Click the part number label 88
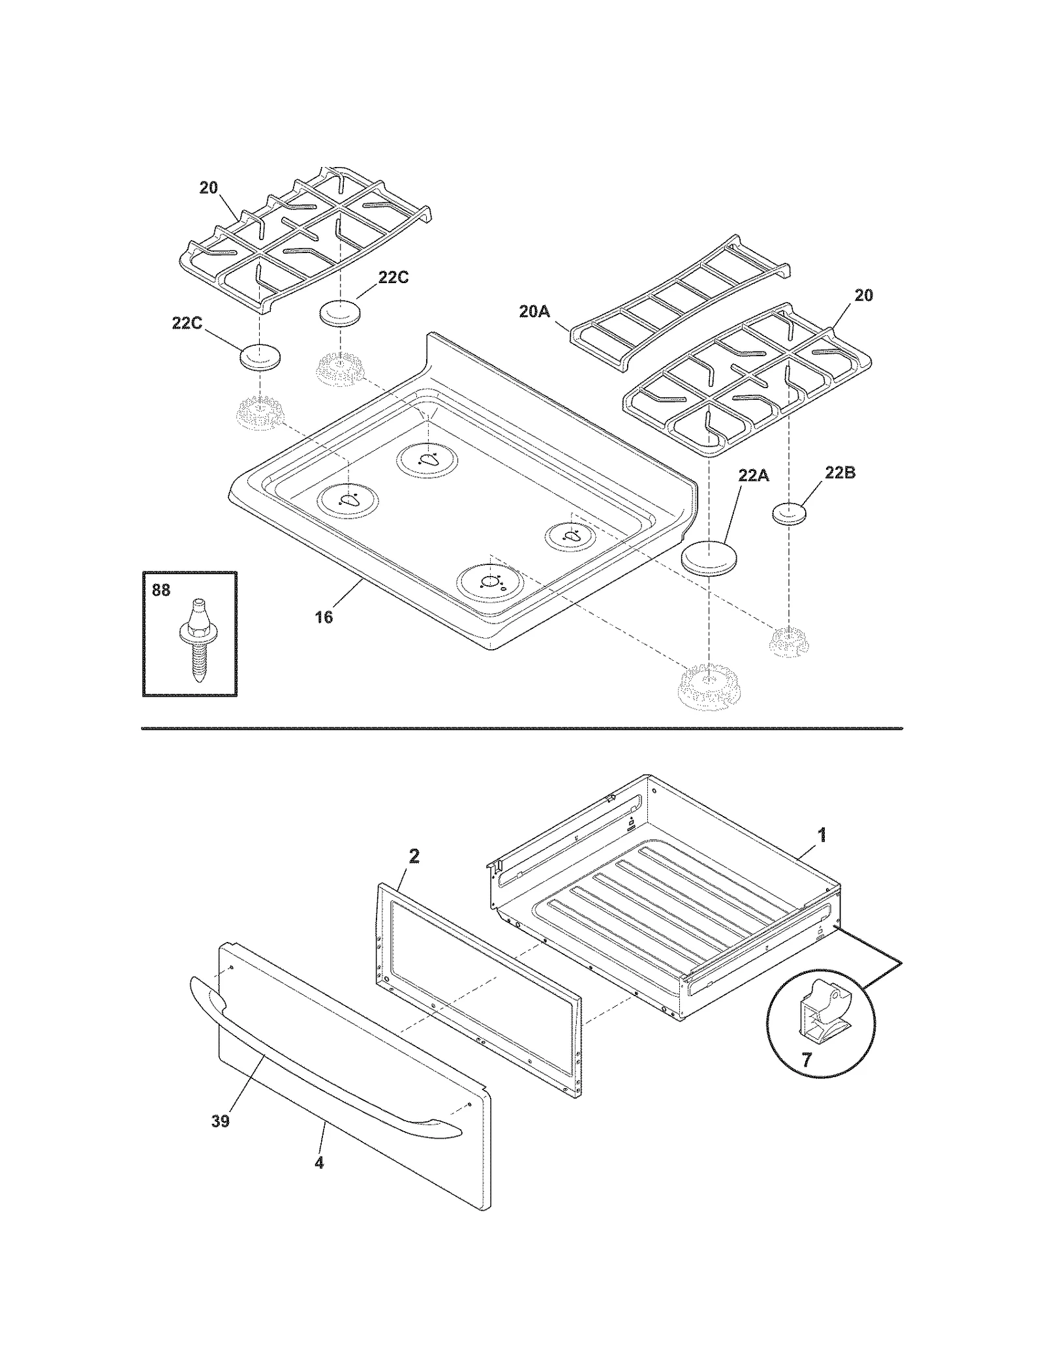click(x=161, y=590)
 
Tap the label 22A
click(x=753, y=476)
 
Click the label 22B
click(x=840, y=473)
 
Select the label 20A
click(x=534, y=312)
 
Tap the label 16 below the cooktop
click(x=324, y=616)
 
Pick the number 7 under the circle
click(x=806, y=1061)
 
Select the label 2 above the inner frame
click(x=414, y=857)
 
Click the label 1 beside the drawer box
click(x=822, y=835)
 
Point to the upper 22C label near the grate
click(x=393, y=277)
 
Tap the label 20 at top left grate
click(x=208, y=188)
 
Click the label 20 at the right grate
click(x=863, y=295)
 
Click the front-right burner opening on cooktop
click(x=489, y=581)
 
